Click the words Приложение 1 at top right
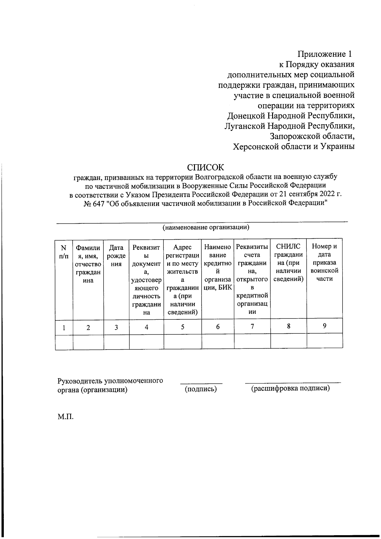click(x=325, y=54)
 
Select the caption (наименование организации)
click(x=206, y=227)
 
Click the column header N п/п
click(x=64, y=251)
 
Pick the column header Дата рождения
click(x=116, y=255)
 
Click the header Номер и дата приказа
click(x=324, y=262)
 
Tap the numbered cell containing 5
click(x=183, y=327)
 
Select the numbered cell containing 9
click(x=324, y=326)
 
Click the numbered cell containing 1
click(x=64, y=327)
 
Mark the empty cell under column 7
click(x=252, y=342)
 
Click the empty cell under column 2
click(x=88, y=342)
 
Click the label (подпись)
click(x=201, y=389)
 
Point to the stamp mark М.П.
click(x=65, y=417)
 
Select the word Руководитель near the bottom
click(x=80, y=380)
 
